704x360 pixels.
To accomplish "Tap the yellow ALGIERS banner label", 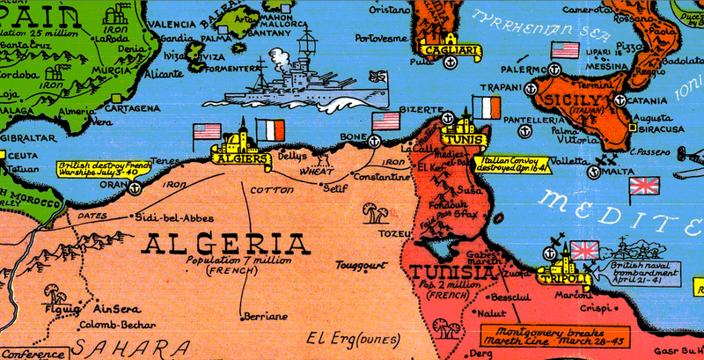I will point(238,158).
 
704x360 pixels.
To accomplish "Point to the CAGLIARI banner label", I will point(451,52).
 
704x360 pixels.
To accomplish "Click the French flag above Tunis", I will point(486,108).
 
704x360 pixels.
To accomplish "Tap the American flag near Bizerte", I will point(385,121).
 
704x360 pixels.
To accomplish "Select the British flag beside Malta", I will point(644,185).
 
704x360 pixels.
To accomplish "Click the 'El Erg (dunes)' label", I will point(349,338).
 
